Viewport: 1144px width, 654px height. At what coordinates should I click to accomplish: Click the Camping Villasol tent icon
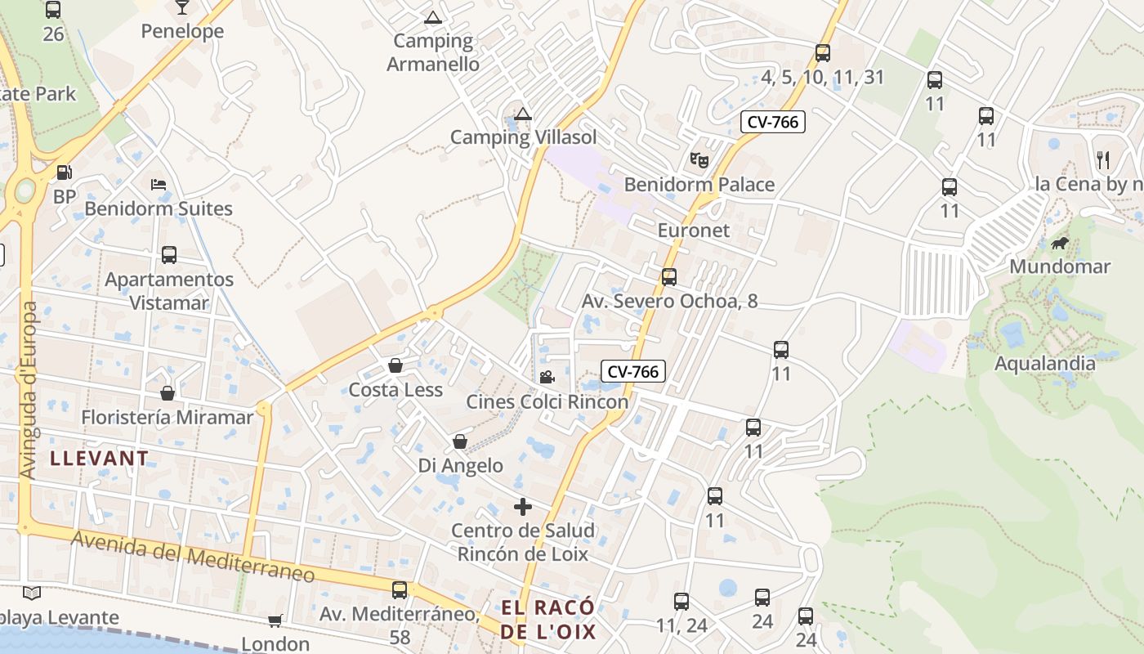pos(522,114)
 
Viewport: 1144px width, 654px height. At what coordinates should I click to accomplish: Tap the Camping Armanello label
pos(433,52)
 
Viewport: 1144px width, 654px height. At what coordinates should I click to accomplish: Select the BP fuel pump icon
pos(64,172)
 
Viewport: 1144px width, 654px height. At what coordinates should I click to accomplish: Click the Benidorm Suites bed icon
pos(159,185)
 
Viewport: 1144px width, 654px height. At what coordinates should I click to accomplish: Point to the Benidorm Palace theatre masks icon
pos(699,159)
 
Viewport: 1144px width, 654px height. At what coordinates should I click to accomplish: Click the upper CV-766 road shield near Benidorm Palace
pos(773,122)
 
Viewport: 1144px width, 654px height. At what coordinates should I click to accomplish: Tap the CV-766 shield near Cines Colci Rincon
pos(633,371)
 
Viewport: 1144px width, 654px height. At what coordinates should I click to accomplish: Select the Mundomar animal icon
pos(1060,243)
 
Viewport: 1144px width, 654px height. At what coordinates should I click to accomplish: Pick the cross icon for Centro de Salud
pos(523,507)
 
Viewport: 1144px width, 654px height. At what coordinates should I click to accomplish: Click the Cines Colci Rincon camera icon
pos(547,377)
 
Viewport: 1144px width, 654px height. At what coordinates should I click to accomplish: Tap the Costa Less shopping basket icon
pos(395,365)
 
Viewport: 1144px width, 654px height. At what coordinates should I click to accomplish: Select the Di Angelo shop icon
pos(460,441)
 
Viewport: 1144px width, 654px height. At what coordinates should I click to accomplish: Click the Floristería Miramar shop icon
pos(168,393)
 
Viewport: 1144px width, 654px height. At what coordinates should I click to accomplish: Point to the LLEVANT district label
pos(100,458)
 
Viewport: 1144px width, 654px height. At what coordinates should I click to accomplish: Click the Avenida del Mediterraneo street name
pos(193,557)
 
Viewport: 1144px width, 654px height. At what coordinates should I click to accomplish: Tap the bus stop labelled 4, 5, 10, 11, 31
pos(823,53)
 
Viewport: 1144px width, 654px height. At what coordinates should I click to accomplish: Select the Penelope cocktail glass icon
pos(181,7)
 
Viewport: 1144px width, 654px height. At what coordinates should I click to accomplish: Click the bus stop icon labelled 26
pos(53,10)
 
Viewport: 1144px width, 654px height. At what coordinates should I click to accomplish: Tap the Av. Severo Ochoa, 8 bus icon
pos(669,277)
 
